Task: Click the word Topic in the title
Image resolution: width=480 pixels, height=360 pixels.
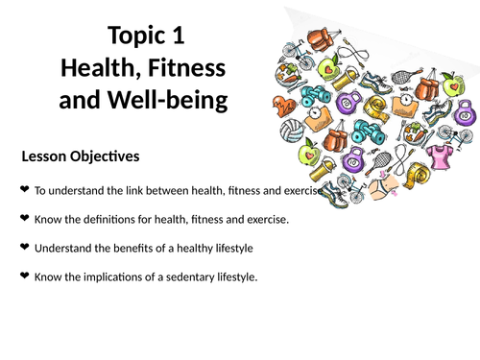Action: click(x=137, y=37)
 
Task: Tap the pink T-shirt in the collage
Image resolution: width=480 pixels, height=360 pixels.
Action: click(x=444, y=154)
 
